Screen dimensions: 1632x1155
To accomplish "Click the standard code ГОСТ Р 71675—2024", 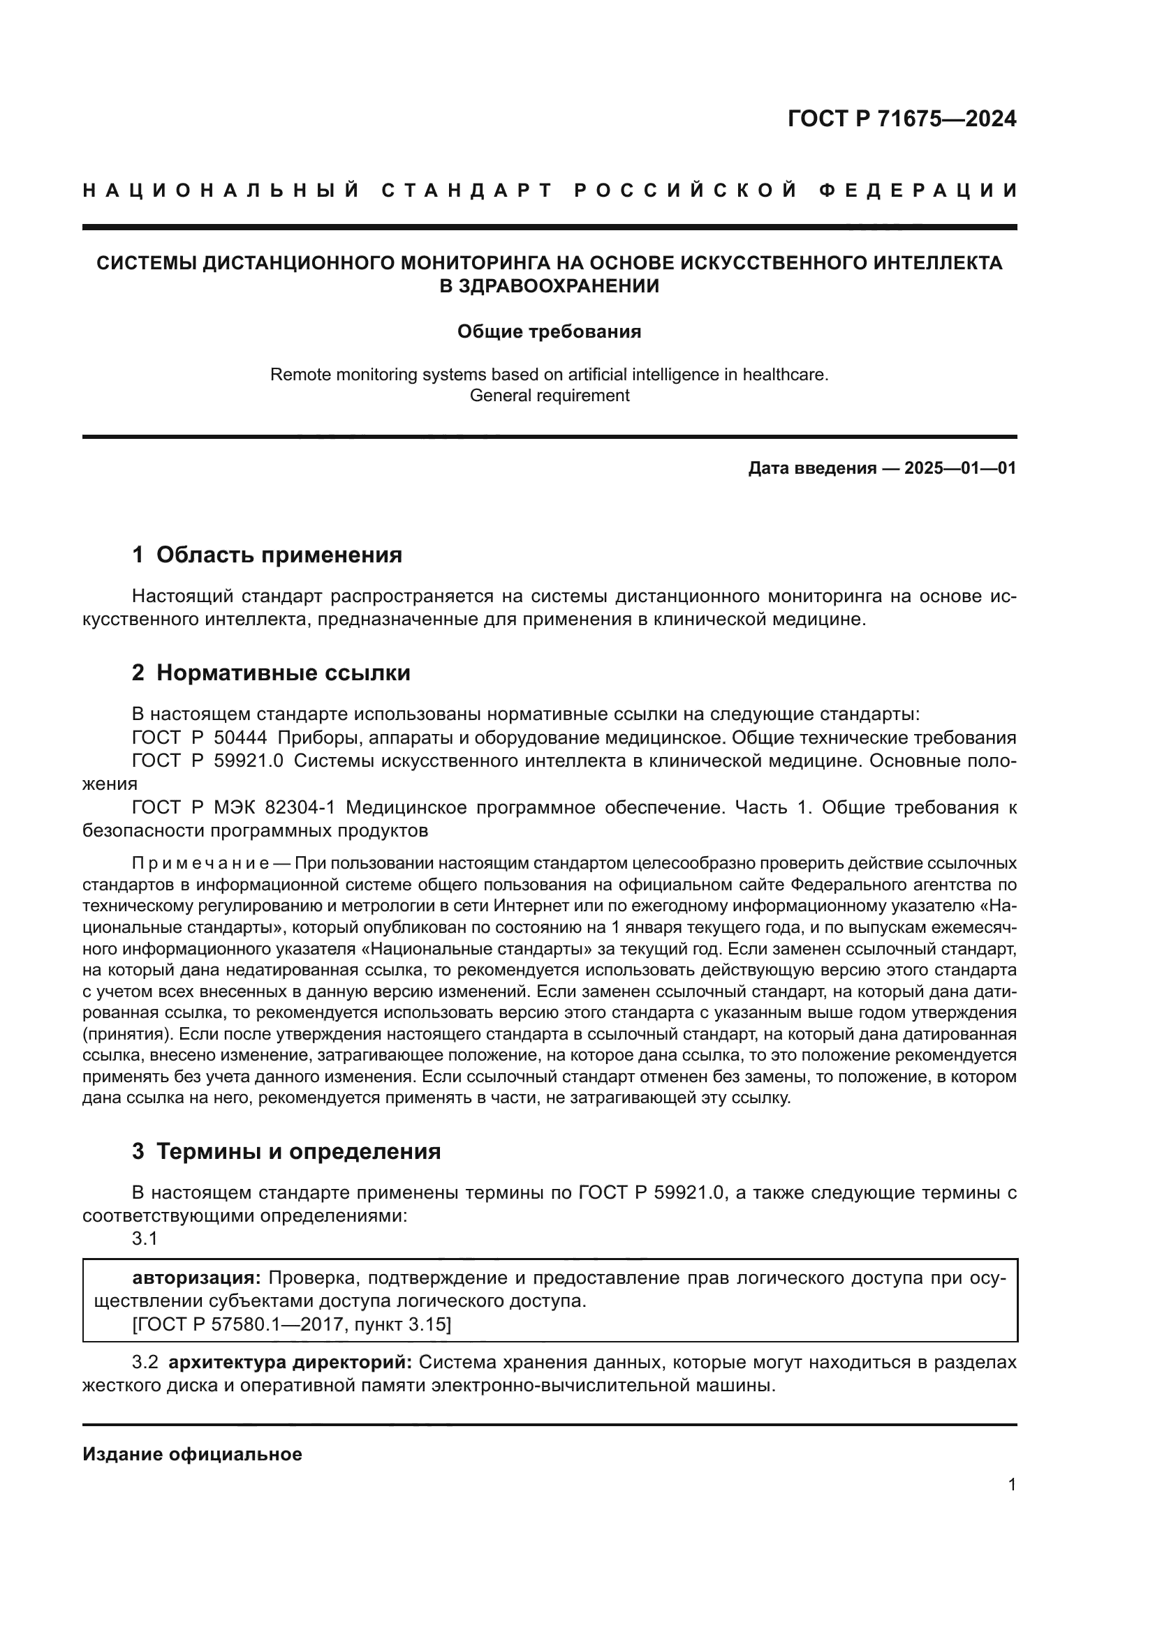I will (x=902, y=119).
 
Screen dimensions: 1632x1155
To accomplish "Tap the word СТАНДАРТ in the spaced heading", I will (x=467, y=190).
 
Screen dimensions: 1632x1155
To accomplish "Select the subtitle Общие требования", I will (x=549, y=332).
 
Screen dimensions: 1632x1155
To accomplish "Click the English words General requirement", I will (x=549, y=395).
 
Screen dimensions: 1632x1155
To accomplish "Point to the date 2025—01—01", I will (x=960, y=468).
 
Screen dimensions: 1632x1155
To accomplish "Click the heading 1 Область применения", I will (x=267, y=555).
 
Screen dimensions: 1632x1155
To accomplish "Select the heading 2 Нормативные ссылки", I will (x=271, y=673).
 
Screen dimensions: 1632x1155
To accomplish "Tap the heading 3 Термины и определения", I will (x=286, y=1151).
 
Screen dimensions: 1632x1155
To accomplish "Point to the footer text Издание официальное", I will (x=192, y=1454).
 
